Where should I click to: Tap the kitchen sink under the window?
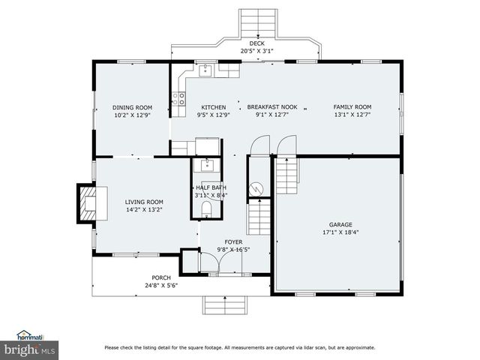(x=205, y=70)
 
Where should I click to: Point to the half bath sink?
(x=206, y=166)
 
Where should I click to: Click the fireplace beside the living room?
(x=85, y=202)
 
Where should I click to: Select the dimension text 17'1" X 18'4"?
(x=340, y=232)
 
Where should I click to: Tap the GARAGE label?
(x=340, y=224)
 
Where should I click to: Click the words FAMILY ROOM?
(x=352, y=107)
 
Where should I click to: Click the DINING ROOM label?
(x=132, y=107)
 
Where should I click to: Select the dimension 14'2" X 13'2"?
(x=144, y=210)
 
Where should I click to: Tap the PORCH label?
(x=161, y=277)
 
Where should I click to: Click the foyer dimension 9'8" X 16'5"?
(x=233, y=250)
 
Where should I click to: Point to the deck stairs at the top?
(x=257, y=22)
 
